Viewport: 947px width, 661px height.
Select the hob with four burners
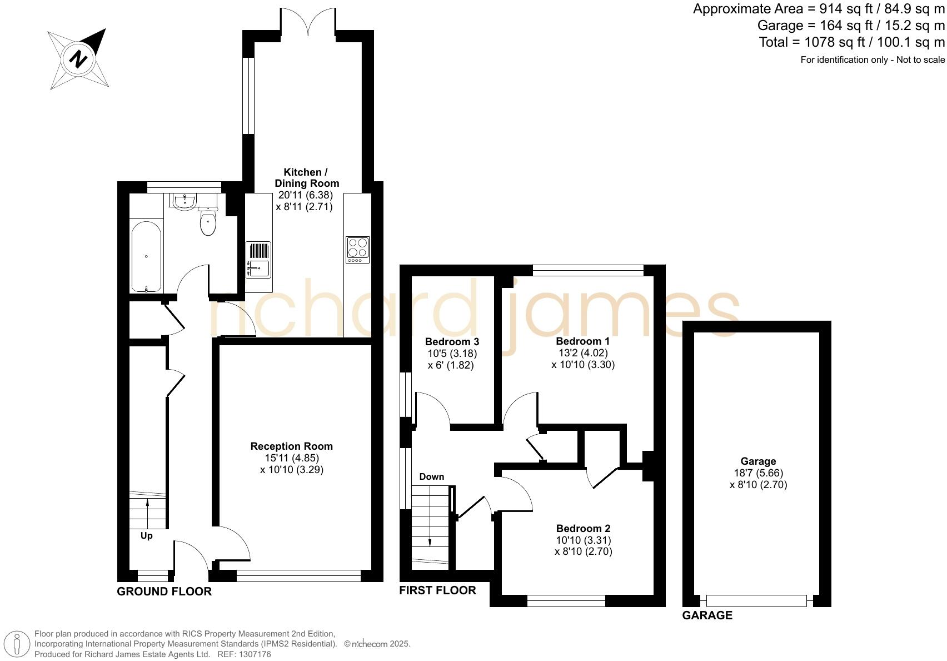(x=357, y=250)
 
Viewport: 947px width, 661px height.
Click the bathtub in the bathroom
(x=147, y=256)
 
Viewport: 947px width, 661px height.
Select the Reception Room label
(x=291, y=446)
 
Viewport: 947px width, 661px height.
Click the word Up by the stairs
(x=146, y=535)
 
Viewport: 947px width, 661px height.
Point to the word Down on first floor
(x=431, y=476)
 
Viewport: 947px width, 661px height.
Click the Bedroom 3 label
(x=452, y=341)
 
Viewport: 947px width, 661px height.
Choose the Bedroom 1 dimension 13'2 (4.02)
(x=583, y=352)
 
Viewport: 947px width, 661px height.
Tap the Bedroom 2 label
(x=583, y=528)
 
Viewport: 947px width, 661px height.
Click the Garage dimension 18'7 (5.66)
(x=758, y=473)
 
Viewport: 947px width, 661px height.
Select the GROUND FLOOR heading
(x=164, y=592)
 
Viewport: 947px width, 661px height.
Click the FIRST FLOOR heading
(x=437, y=590)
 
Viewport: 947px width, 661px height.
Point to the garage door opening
(x=756, y=600)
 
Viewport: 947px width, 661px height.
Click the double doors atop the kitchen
(x=308, y=22)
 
